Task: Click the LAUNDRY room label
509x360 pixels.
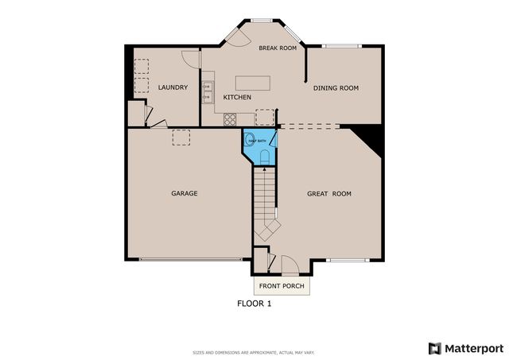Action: tap(173, 87)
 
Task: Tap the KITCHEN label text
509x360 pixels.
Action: tap(237, 97)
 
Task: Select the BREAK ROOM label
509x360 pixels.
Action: tap(278, 48)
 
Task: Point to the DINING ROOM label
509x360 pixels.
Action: tap(336, 88)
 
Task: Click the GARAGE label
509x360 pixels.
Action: tap(184, 193)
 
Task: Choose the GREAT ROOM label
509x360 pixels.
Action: tap(329, 193)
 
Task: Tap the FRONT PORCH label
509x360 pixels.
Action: tap(282, 285)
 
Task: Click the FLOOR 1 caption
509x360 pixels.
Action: tap(254, 303)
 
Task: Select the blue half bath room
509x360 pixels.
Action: tap(259, 147)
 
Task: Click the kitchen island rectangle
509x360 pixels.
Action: tap(253, 83)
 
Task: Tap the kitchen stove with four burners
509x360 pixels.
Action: tap(230, 119)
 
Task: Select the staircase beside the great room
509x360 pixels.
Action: tap(264, 203)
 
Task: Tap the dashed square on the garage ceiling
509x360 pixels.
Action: tap(182, 137)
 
